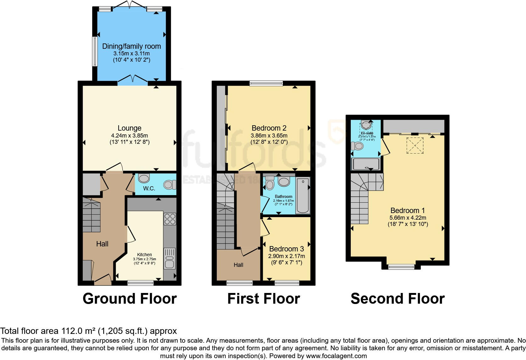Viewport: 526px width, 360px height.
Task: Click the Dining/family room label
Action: pyautogui.click(x=131, y=46)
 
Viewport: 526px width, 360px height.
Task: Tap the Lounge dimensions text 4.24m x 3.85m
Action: pyautogui.click(x=129, y=136)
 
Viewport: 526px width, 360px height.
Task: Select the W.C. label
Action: pyautogui.click(x=149, y=188)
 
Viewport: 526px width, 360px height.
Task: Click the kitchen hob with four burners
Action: pyautogui.click(x=170, y=219)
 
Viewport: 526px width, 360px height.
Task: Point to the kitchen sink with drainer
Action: pyautogui.click(x=170, y=258)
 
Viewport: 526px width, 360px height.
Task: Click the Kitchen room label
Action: pyautogui.click(x=144, y=255)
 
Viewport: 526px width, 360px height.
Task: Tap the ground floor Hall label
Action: pyautogui.click(x=102, y=244)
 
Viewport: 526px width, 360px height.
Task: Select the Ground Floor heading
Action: pyautogui.click(x=130, y=298)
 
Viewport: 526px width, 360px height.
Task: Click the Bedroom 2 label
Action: pyautogui.click(x=269, y=128)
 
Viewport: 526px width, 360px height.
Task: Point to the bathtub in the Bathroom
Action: pyautogui.click(x=303, y=195)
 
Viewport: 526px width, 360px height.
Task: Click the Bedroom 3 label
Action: pyautogui.click(x=287, y=249)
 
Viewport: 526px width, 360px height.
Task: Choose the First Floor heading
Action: pyautogui.click(x=264, y=298)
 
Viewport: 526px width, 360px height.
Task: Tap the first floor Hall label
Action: pyautogui.click(x=238, y=265)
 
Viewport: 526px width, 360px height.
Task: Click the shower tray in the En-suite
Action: pyautogui.click(x=366, y=164)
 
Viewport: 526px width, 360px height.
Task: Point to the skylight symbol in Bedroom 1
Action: pyautogui.click(x=415, y=145)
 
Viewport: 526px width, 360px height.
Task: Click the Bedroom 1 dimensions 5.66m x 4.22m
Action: pyautogui.click(x=408, y=218)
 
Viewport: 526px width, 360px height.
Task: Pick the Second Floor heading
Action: pyautogui.click(x=398, y=298)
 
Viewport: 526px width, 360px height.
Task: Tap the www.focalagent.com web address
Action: pyautogui.click(x=336, y=356)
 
